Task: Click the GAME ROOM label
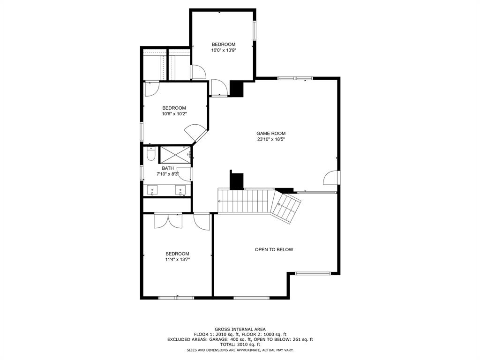click(x=271, y=133)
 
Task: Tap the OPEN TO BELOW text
click(x=274, y=249)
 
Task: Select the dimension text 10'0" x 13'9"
click(x=223, y=50)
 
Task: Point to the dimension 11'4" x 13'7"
click(x=177, y=259)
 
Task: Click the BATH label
click(x=168, y=168)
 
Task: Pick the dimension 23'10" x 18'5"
click(x=271, y=139)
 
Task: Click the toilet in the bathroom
click(x=150, y=154)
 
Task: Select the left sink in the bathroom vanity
click(x=153, y=190)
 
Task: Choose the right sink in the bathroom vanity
click(x=181, y=190)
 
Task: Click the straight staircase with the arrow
click(x=245, y=201)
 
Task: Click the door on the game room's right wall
click(x=332, y=178)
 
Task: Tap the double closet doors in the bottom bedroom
click(x=168, y=220)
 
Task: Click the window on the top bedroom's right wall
click(x=255, y=30)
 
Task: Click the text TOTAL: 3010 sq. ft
click(x=240, y=345)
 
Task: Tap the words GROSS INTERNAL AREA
click(x=240, y=329)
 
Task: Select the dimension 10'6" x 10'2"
click(x=174, y=113)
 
